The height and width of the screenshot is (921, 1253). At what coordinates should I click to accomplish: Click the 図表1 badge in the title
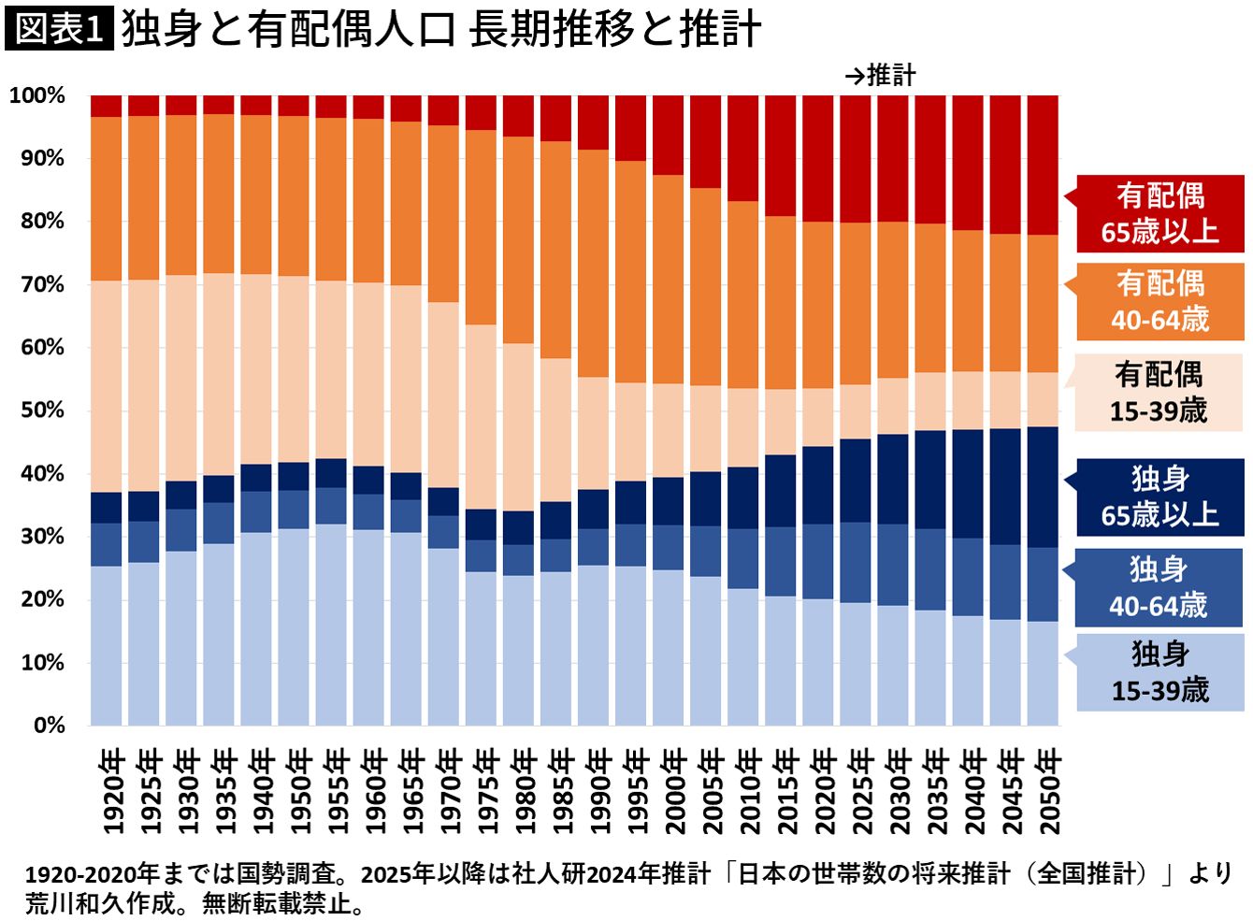tap(59, 28)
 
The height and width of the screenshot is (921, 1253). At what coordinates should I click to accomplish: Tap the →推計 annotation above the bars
tap(880, 76)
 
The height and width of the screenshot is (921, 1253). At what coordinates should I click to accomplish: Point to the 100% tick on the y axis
tap(37, 95)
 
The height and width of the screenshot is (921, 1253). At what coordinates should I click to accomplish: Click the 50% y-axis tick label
tap(43, 410)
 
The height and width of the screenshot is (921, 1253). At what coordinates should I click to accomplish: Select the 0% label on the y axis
tap(50, 726)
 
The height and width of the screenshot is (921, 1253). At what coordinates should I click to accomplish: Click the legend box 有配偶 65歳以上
tap(1159, 214)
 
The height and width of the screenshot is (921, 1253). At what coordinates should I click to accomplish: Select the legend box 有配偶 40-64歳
tap(1159, 301)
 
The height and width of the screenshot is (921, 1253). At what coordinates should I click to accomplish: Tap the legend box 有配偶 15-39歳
tap(1159, 393)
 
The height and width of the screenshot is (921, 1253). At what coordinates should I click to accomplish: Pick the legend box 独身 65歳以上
tap(1159, 496)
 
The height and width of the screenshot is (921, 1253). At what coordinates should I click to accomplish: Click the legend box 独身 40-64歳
tap(1159, 587)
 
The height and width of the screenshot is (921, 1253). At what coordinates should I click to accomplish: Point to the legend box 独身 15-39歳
tap(1159, 672)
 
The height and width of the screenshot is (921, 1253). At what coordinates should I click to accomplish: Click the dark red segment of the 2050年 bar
tap(1043, 164)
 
